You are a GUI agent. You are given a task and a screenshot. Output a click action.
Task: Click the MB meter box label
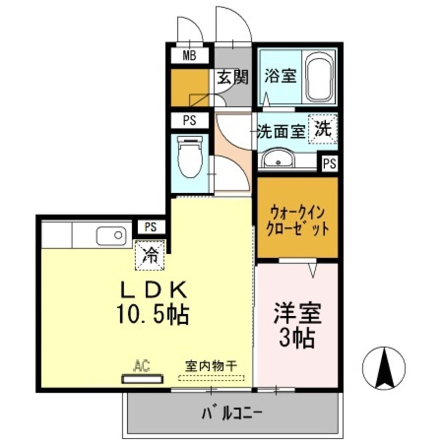[x=189, y=56]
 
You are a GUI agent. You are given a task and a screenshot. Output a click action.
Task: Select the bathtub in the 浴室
[x=321, y=77]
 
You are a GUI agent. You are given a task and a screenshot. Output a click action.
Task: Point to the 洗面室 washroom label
[x=281, y=131]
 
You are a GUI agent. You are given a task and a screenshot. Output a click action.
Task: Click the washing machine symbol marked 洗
[x=322, y=129]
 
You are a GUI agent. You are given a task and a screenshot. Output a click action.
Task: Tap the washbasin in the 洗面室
[x=278, y=158]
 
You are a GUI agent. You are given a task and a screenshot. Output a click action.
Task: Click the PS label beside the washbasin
[x=329, y=164]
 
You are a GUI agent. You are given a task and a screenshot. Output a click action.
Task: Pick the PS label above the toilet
[x=189, y=120]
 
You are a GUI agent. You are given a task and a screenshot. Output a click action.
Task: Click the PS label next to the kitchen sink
[x=151, y=227]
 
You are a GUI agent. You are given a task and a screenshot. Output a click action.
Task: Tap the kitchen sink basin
[x=111, y=236]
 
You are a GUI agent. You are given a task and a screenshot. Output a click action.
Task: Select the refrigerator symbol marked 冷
[x=150, y=255]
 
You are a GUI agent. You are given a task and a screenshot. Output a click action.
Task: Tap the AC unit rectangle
[x=142, y=379]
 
